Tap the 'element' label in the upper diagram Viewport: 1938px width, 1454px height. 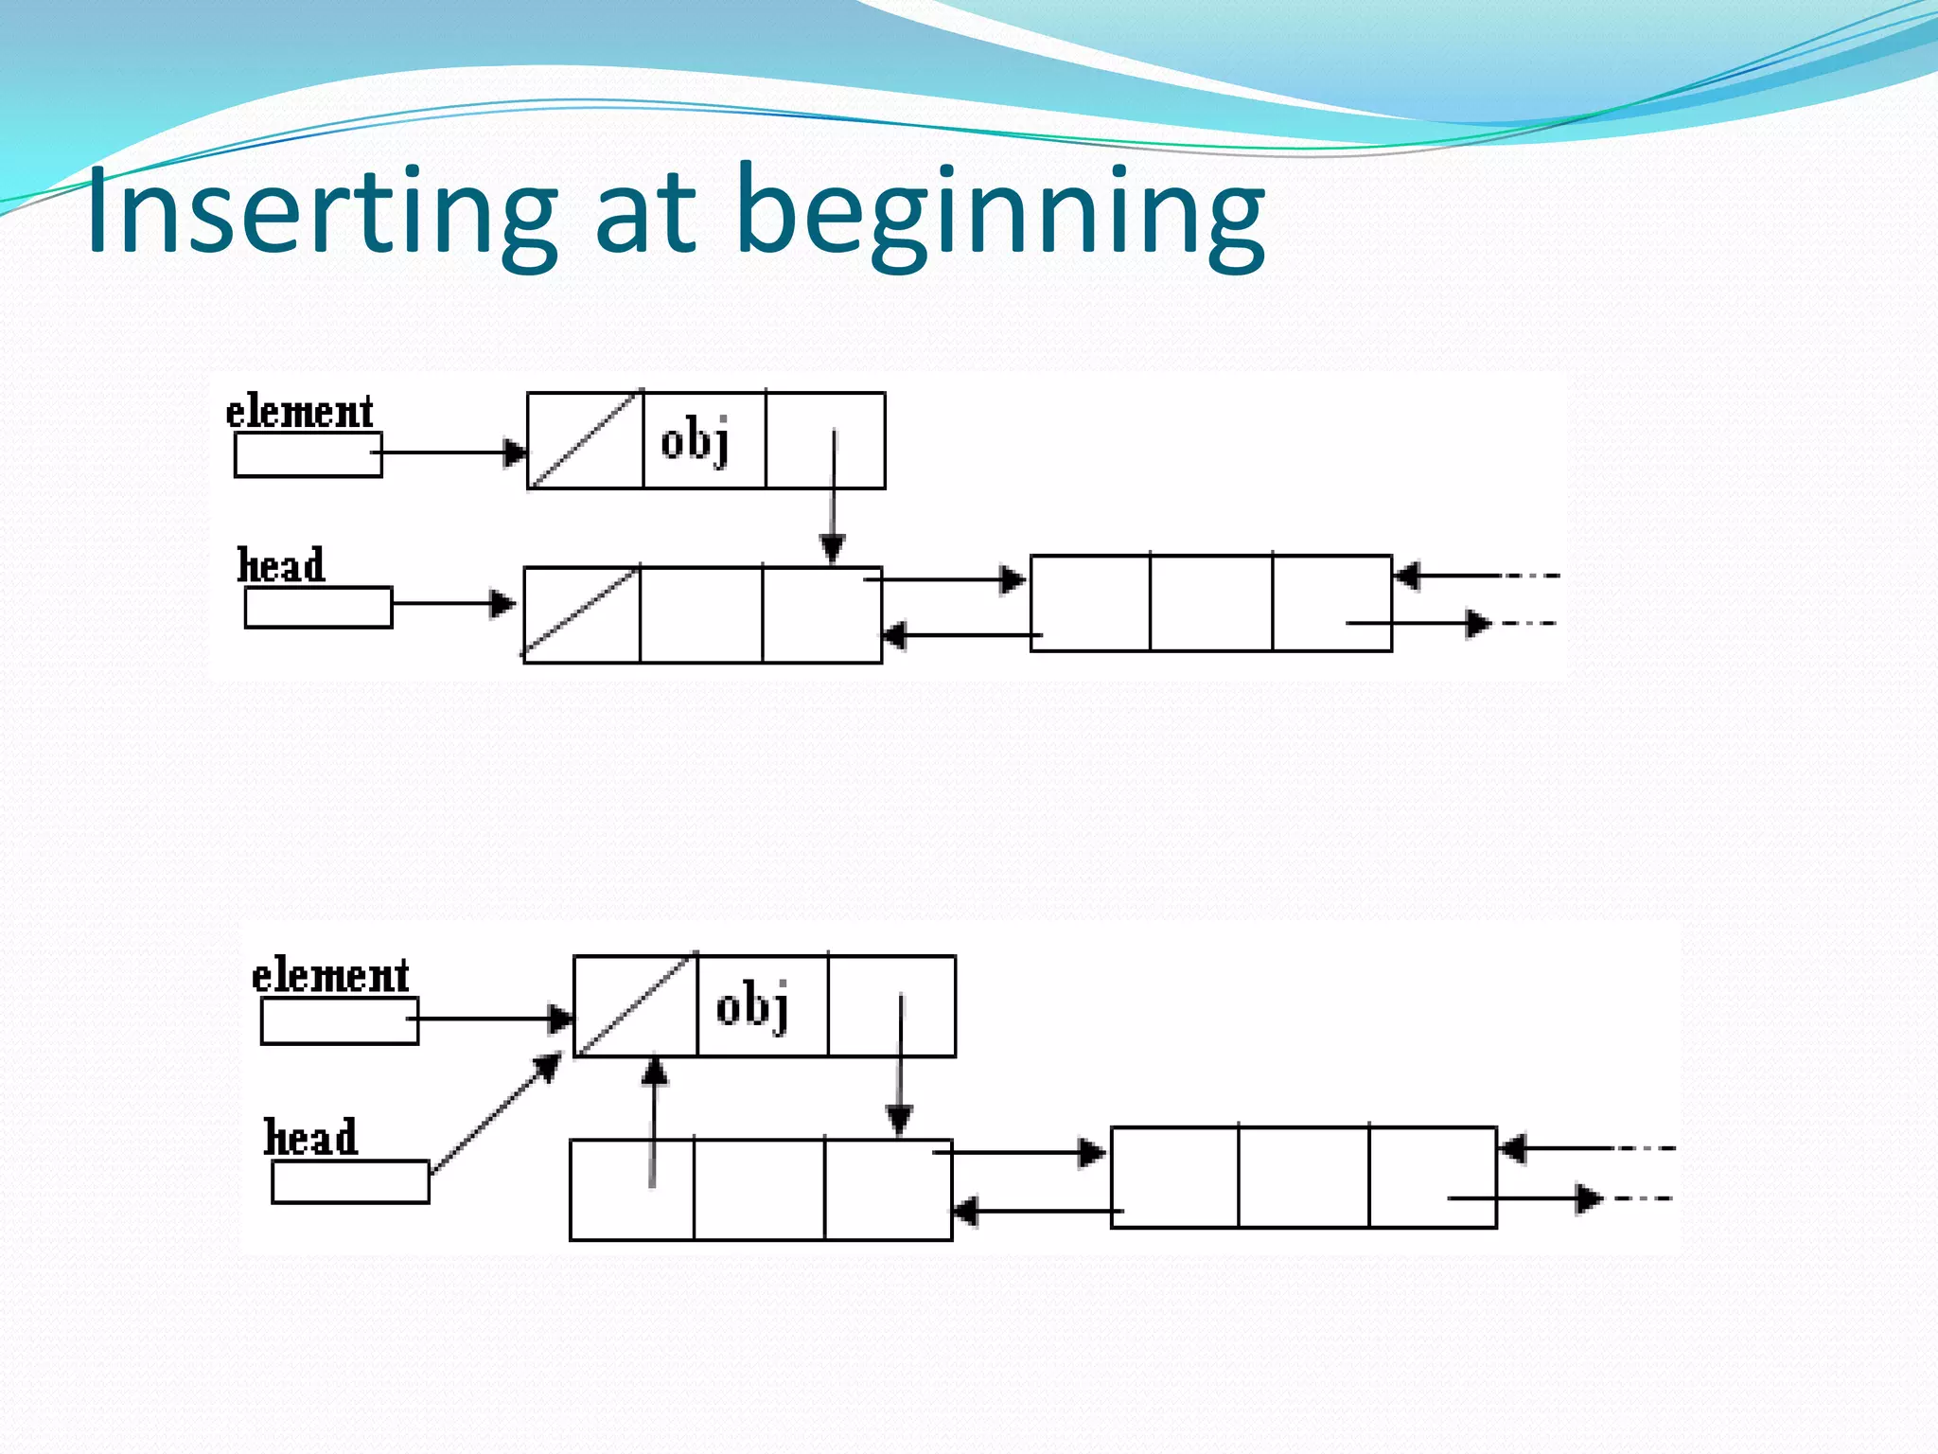(299, 413)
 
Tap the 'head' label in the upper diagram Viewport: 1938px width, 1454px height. (281, 566)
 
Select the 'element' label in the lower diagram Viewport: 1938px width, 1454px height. (330, 976)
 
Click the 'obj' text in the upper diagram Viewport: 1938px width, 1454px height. (696, 441)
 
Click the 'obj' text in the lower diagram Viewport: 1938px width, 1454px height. (752, 1006)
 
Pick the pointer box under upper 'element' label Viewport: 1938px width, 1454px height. (308, 454)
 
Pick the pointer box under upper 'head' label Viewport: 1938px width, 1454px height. (318, 608)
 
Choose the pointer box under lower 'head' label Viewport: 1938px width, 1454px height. (350, 1181)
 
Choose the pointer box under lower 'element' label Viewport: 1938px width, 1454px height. (339, 1021)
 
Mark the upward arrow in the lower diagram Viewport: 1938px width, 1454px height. (653, 1122)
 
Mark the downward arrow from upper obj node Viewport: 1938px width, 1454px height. (833, 497)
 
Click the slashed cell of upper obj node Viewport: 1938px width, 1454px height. (585, 440)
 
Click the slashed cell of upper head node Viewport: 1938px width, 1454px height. (581, 614)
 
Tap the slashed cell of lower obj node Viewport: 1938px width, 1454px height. (635, 1005)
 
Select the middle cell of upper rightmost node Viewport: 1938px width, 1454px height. (1210, 603)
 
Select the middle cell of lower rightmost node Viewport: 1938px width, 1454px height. (1303, 1177)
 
